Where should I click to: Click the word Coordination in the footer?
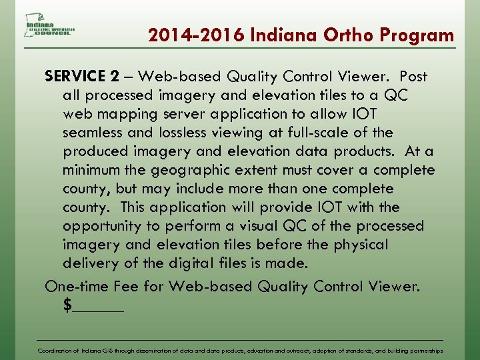(58, 350)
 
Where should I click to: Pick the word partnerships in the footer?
(424, 350)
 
